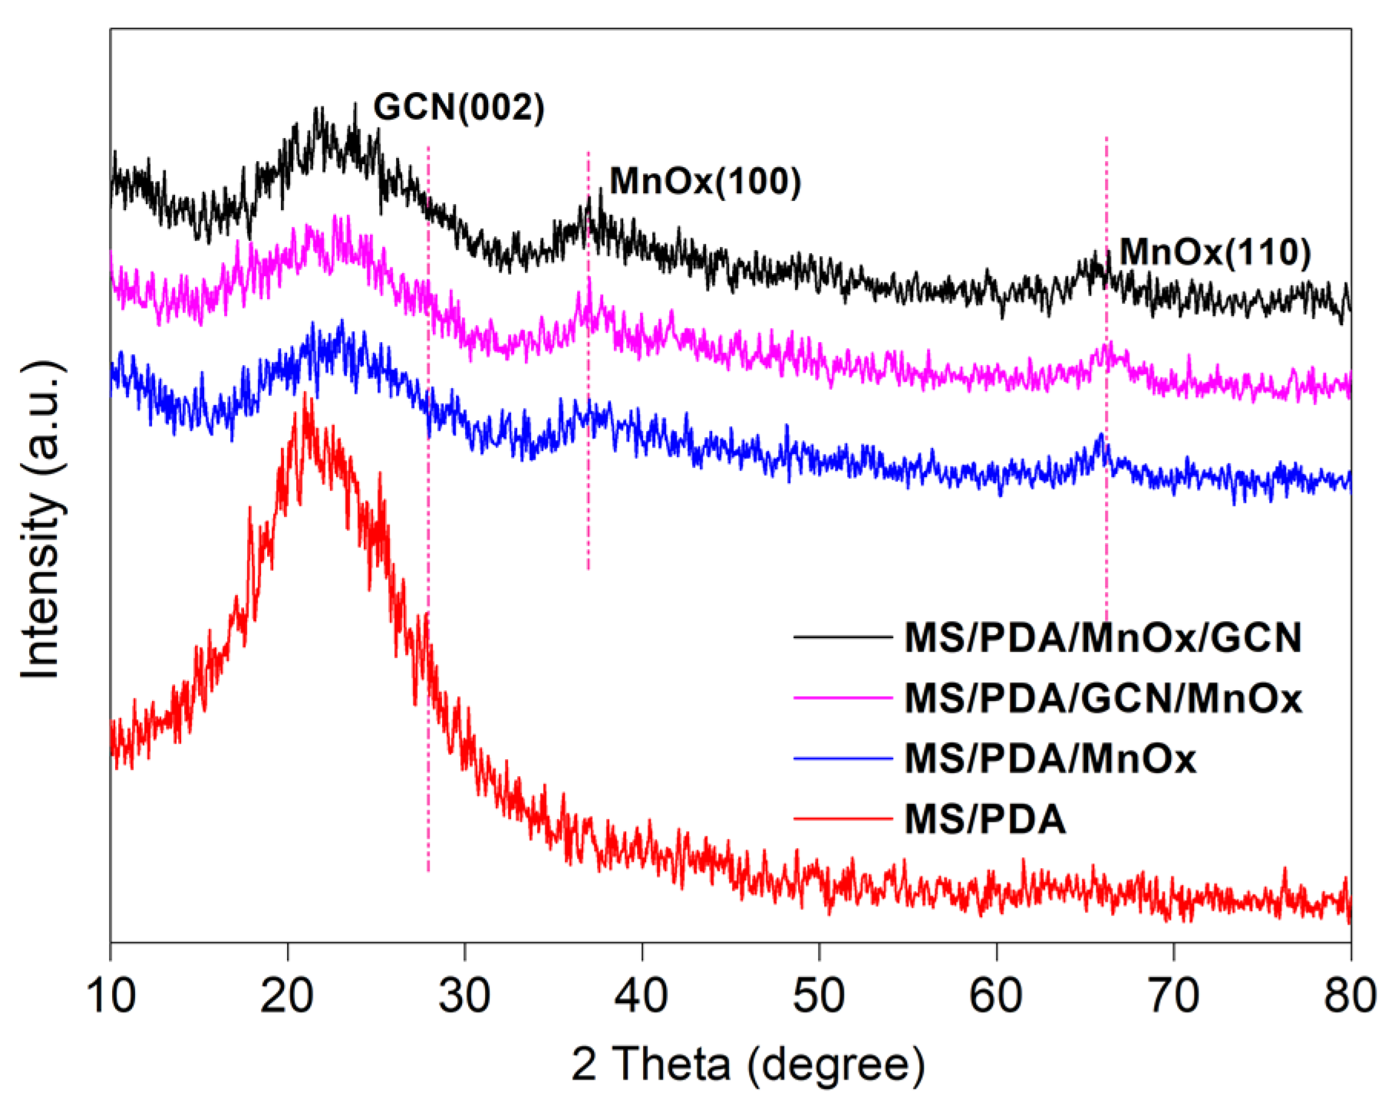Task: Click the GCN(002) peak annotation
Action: click(x=459, y=108)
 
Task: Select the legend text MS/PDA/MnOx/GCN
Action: click(x=1103, y=638)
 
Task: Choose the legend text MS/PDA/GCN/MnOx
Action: click(x=1103, y=699)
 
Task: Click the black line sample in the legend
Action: click(x=843, y=636)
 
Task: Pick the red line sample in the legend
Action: click(x=843, y=820)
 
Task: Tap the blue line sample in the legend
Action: click(x=843, y=758)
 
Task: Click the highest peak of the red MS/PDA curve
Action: click(x=306, y=394)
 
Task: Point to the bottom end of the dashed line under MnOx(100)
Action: click(x=589, y=569)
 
